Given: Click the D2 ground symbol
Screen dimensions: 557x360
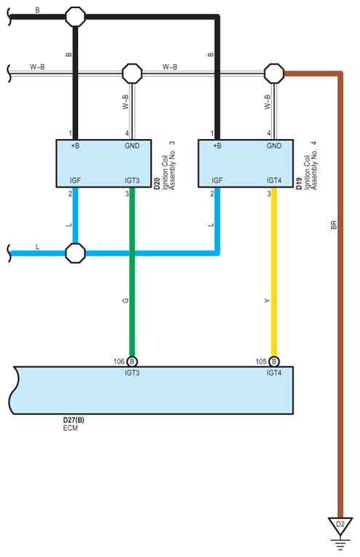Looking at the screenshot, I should [x=340, y=525].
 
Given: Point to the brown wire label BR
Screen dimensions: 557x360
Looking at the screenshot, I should [x=333, y=226].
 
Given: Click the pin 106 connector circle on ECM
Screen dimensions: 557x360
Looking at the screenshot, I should [x=132, y=361].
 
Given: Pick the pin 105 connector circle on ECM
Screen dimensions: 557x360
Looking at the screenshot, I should [x=274, y=361].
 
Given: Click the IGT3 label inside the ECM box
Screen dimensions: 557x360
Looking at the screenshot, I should [x=132, y=372].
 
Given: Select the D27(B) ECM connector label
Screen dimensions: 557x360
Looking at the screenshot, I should [x=74, y=420].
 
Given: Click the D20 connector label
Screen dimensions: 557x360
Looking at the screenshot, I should [x=157, y=184].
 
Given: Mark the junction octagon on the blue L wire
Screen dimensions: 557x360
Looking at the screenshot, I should [x=75, y=253].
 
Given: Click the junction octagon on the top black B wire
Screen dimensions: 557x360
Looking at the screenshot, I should [x=75, y=15].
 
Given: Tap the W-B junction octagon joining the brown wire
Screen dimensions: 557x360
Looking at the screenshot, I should [x=274, y=73].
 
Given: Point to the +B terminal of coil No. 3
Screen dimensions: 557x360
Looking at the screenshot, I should [x=75, y=146].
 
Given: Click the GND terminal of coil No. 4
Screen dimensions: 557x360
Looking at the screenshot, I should [x=274, y=146].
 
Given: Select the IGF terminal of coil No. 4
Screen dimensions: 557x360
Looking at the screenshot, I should [x=217, y=180].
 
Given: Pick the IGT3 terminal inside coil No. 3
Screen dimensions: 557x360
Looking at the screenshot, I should [x=132, y=180].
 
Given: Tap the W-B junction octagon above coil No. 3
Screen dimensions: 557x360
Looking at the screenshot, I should [x=132, y=73].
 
